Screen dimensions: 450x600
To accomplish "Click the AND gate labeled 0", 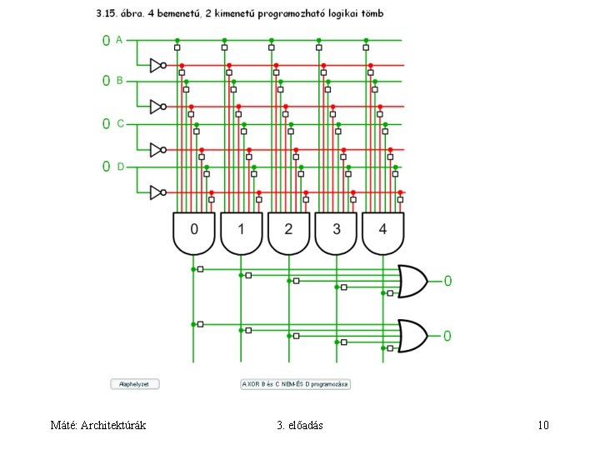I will [x=193, y=232].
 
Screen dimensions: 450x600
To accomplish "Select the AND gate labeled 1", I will [x=241, y=232].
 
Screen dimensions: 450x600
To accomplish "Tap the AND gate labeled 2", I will [x=288, y=232].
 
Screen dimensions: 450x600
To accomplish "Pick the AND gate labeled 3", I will [x=336, y=232].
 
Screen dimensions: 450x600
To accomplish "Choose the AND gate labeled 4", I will [x=382, y=232].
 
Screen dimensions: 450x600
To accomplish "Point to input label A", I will [x=119, y=39].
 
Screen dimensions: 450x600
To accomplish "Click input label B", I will [x=119, y=81].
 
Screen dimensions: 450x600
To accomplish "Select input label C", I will [x=120, y=123].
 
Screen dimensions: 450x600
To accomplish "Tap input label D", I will [x=120, y=167].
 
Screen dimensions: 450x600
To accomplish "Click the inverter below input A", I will [x=156, y=65].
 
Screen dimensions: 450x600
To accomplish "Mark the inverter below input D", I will [x=156, y=192].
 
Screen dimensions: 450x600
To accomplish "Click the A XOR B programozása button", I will [x=296, y=384].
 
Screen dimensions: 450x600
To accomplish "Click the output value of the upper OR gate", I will [x=447, y=281].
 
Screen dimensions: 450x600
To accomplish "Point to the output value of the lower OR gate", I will [x=447, y=336].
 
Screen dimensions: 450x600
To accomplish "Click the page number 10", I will [x=543, y=426].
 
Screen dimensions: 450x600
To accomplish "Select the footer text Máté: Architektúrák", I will [x=98, y=426].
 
